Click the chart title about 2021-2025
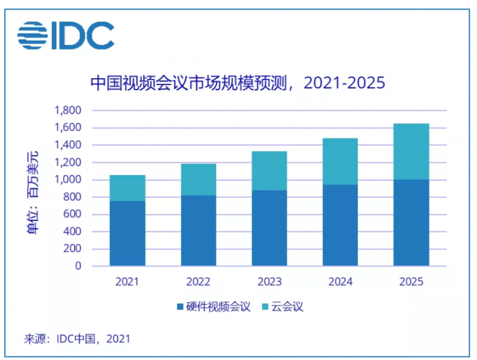(237, 83)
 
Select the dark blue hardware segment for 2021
(127, 233)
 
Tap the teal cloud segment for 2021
(127, 188)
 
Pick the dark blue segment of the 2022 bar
(199, 230)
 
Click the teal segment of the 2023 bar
(270, 170)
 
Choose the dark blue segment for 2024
(340, 225)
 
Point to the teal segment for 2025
(411, 151)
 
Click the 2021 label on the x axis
(127, 281)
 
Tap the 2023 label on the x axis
(270, 281)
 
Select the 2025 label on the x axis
(411, 281)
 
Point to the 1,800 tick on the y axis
(67, 111)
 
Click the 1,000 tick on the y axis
(67, 180)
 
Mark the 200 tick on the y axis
(72, 249)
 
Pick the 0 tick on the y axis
(78, 266)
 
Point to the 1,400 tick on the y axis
(67, 145)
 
